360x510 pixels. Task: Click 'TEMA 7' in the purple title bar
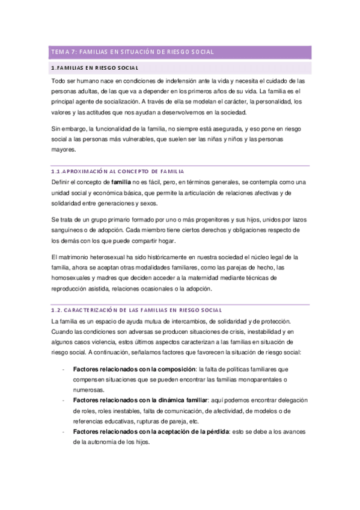click(x=63, y=52)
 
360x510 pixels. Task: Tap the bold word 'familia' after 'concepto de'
click(x=123, y=182)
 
